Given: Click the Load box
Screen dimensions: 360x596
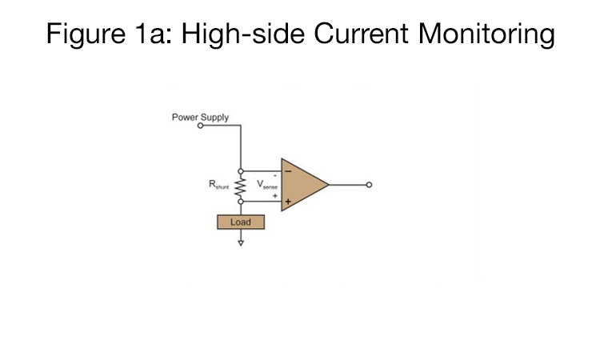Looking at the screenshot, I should tap(240, 222).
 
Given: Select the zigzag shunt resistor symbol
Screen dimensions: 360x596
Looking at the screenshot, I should tap(240, 186).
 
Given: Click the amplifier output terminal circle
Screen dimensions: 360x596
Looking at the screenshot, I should tap(368, 185).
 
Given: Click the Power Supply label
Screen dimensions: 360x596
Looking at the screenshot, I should tap(200, 117).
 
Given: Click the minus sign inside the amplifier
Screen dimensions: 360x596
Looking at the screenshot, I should tap(287, 170).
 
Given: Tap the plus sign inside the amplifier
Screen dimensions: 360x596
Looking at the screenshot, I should tap(287, 202).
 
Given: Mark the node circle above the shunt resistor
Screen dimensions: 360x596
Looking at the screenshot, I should tap(240, 170).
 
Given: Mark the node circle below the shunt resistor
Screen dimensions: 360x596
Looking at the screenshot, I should tap(240, 201).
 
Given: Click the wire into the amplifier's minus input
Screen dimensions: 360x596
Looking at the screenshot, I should tap(262, 170).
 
